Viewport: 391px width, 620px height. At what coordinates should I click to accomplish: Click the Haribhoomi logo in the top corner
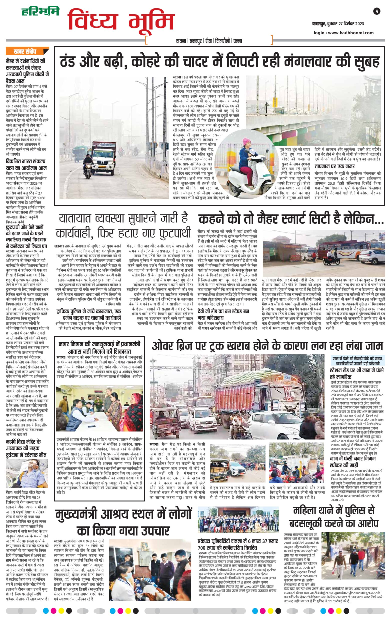40,11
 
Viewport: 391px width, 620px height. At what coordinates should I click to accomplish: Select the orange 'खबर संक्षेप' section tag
25,51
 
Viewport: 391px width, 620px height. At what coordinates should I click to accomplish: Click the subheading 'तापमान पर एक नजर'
334,166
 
